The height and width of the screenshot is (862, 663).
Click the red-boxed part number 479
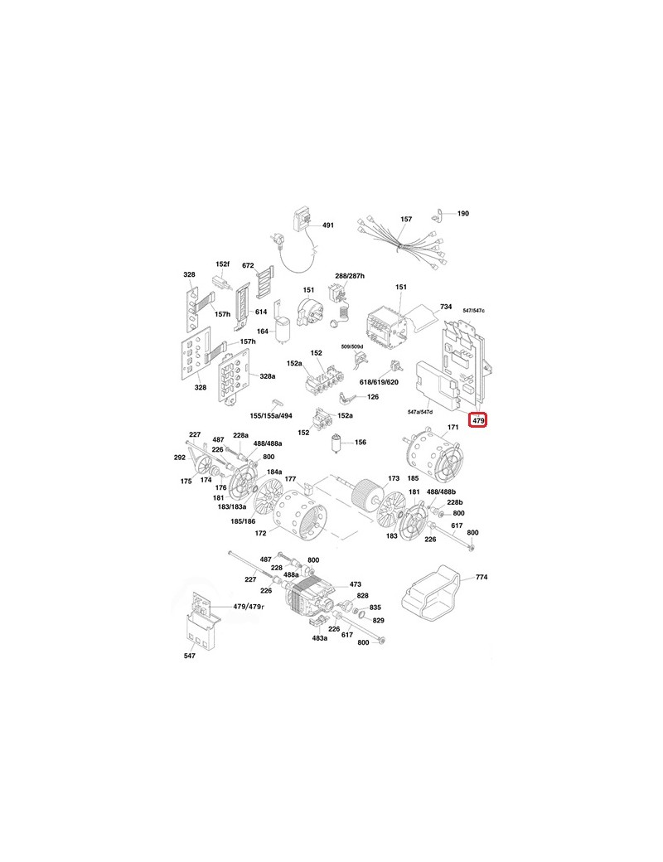coord(478,420)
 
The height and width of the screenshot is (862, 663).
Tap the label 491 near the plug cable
coord(327,225)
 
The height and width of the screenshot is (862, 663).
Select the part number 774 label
coord(482,577)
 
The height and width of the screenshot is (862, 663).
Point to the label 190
coord(463,213)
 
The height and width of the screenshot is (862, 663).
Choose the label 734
coord(446,307)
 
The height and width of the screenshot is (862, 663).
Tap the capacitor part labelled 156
coord(336,443)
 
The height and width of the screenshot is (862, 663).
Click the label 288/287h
coord(350,275)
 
